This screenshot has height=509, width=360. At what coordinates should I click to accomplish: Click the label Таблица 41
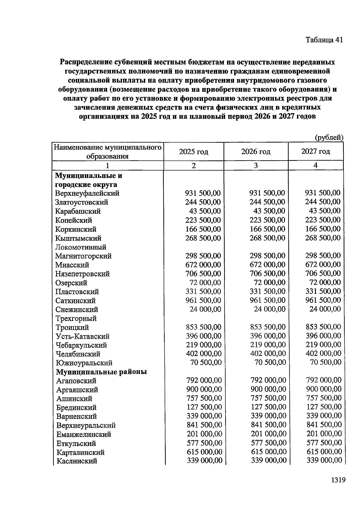[324, 40]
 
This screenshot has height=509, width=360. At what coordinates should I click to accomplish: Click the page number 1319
[338, 480]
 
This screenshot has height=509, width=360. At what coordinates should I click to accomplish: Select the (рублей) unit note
[328, 137]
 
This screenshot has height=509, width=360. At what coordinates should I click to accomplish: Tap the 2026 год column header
[256, 152]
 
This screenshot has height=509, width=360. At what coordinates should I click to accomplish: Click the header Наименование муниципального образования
[107, 152]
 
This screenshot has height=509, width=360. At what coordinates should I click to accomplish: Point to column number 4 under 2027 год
[315, 165]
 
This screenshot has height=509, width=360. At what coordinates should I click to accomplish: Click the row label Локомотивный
[81, 247]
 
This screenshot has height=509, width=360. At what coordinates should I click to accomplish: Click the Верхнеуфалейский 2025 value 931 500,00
[203, 193]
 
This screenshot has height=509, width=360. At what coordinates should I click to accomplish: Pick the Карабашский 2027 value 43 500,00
[325, 211]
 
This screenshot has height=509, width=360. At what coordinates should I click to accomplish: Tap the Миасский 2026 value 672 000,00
[267, 264]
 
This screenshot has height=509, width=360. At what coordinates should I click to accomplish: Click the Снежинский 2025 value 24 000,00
[205, 309]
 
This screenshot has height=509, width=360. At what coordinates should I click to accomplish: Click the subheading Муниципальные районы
[101, 372]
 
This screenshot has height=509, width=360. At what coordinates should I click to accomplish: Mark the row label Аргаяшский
[77, 390]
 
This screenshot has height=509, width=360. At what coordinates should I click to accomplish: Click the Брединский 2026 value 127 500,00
[268, 407]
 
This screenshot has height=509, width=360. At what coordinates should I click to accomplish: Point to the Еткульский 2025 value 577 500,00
[204, 443]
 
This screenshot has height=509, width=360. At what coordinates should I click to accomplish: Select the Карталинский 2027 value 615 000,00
[324, 451]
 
